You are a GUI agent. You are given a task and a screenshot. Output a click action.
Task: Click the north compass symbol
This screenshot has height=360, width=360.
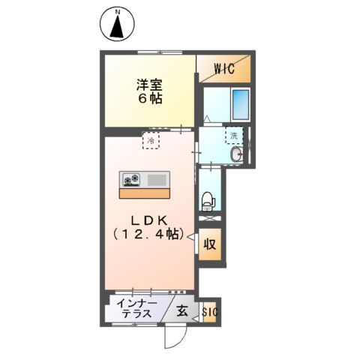118,25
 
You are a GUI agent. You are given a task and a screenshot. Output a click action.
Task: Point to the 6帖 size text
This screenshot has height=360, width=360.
150,98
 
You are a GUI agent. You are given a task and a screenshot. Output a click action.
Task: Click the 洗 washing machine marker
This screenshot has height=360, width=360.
234,136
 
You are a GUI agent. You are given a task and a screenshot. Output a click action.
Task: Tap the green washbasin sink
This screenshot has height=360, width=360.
238,154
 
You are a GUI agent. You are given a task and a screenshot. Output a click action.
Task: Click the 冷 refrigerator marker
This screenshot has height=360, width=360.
151,139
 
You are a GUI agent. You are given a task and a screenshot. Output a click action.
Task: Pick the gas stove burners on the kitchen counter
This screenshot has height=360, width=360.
133,179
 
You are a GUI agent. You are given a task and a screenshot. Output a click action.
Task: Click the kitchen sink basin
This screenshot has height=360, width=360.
158,179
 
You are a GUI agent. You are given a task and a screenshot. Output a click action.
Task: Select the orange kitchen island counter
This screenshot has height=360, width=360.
145,192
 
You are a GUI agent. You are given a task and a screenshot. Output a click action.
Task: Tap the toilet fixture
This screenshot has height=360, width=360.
208,200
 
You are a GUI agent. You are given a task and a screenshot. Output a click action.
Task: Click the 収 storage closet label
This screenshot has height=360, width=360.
211,244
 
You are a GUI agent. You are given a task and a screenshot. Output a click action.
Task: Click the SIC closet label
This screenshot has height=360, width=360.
209,310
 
